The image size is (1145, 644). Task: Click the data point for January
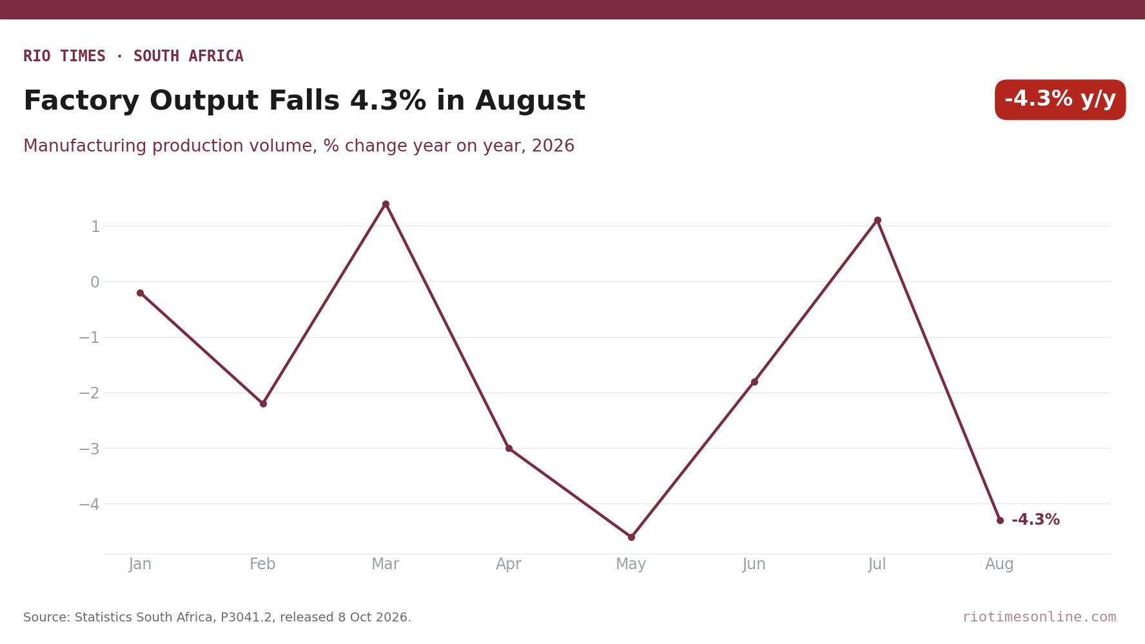coord(140,293)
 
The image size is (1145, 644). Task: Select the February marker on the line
coord(263,404)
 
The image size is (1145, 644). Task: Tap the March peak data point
coord(386,204)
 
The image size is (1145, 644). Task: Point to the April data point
coord(509,448)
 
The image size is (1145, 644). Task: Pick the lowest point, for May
coord(631,537)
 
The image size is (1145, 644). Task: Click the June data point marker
coord(754,382)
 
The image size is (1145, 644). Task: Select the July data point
coord(877,220)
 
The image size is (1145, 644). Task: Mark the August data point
coord(1000,520)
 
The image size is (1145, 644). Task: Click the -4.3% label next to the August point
coord(1035,520)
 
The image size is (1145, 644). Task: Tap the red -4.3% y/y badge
coord(1060,100)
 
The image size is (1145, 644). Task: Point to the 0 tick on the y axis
coord(95,282)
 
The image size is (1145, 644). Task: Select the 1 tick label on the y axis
coord(95,227)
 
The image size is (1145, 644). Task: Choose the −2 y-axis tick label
coord(89,393)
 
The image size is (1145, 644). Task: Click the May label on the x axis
coord(631,565)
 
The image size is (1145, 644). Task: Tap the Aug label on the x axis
coord(1000,565)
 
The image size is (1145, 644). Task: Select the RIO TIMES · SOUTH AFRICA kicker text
coord(133,56)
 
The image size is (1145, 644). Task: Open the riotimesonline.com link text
coord(1039,617)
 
